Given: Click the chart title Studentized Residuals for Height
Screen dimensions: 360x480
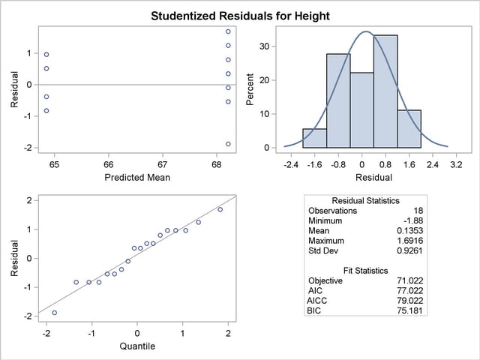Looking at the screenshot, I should coord(240,15).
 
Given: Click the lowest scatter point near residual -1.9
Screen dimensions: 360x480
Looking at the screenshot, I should coord(228,144).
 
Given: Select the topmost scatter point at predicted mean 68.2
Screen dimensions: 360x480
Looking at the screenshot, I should coord(228,31).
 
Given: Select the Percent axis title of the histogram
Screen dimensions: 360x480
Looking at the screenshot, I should coord(251,88).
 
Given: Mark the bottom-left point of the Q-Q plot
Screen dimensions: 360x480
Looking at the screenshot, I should coord(54,313).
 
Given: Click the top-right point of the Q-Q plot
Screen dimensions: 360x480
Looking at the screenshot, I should coord(220,209).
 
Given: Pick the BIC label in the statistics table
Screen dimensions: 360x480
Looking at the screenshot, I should coord(314,310).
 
